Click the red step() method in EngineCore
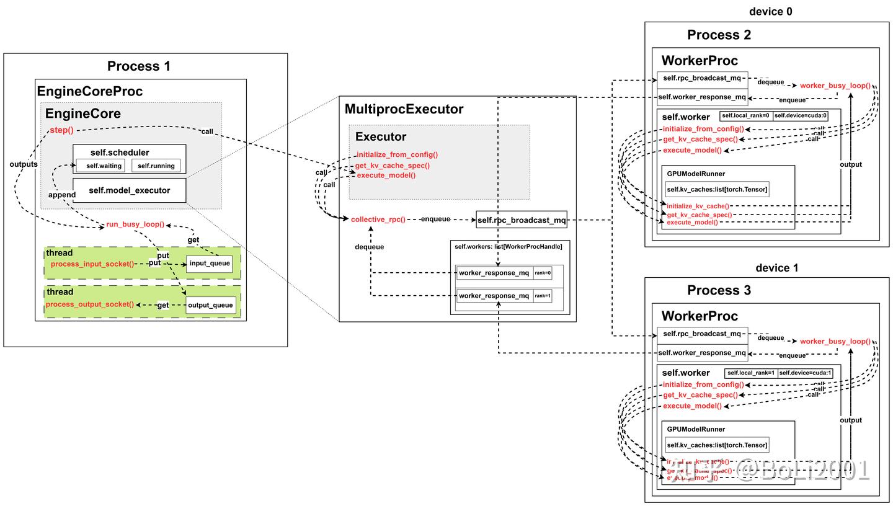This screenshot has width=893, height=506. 61,130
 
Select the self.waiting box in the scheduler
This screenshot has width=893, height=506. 100,166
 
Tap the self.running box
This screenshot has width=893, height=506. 156,166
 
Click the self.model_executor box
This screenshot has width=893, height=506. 129,190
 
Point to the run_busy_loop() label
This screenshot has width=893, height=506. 135,224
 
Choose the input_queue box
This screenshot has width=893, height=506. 210,264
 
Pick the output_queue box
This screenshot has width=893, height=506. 210,305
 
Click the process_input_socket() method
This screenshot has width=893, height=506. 92,264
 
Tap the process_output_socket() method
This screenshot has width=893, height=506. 89,304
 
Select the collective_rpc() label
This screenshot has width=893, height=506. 378,220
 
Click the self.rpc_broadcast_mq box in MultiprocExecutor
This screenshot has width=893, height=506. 522,220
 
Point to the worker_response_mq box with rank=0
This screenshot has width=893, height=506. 494,273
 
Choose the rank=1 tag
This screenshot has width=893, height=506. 542,296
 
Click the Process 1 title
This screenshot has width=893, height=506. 138,66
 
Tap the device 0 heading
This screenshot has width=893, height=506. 770,12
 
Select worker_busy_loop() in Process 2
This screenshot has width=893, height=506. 835,86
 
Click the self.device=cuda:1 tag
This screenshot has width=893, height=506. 805,373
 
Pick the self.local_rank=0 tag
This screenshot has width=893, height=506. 745,116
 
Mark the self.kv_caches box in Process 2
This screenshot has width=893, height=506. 717,190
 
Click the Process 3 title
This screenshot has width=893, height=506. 719,290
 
